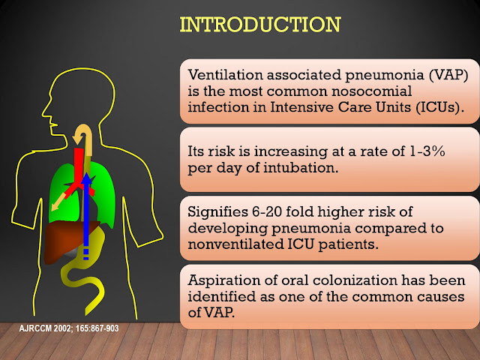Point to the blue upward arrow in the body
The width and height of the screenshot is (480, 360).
click(x=86, y=210)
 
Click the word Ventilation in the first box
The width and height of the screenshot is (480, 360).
click(x=217, y=75)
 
